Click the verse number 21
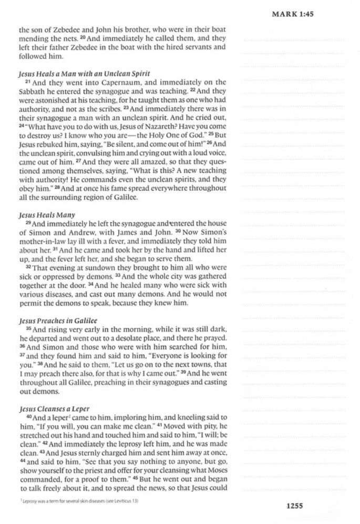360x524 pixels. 28,82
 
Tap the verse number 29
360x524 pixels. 28,223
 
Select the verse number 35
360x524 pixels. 28,329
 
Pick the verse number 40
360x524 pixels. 28,417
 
